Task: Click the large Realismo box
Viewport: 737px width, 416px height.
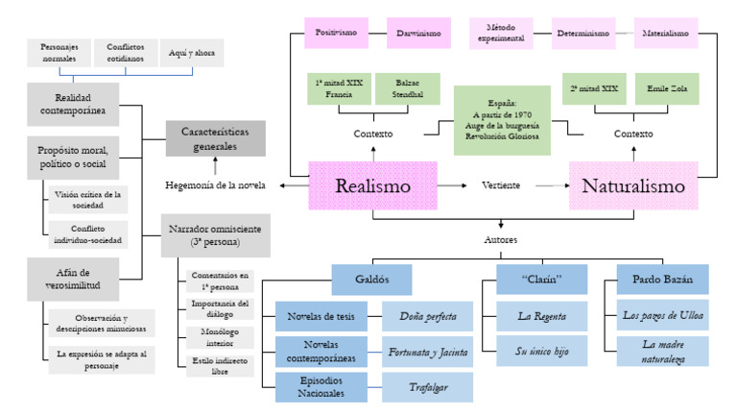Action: (x=373, y=185)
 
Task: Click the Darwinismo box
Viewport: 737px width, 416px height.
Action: (x=418, y=33)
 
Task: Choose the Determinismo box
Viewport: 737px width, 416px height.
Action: (x=583, y=33)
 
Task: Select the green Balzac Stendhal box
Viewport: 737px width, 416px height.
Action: (x=408, y=89)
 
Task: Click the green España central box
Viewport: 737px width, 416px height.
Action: (x=502, y=120)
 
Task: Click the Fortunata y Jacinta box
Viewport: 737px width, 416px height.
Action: (x=427, y=352)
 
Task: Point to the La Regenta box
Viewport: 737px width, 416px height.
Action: (x=541, y=315)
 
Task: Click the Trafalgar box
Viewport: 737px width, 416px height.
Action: (x=427, y=386)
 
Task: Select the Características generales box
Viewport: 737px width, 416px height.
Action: (x=215, y=138)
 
